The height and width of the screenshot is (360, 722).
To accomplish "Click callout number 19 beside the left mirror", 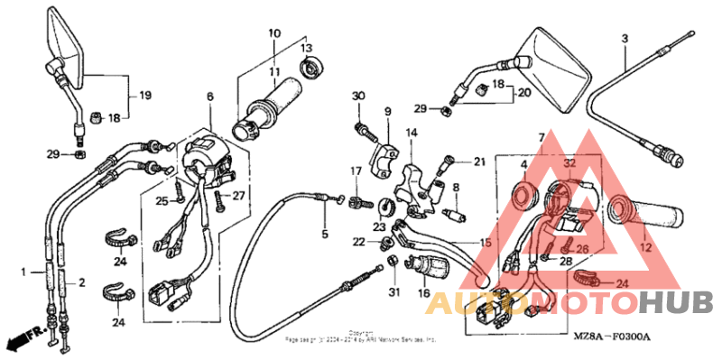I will click(x=144, y=95).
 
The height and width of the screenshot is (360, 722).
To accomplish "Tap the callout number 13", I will click(x=306, y=48).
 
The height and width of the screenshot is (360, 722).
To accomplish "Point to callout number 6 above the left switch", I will click(x=209, y=97).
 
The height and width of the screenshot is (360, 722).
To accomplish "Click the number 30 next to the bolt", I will click(x=358, y=96).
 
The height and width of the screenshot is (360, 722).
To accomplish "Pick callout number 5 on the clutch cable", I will click(x=325, y=235).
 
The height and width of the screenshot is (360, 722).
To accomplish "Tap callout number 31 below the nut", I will click(x=393, y=291).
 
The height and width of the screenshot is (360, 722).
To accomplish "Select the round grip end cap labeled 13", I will click(x=313, y=67).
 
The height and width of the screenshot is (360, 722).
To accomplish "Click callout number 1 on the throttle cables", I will click(x=25, y=272).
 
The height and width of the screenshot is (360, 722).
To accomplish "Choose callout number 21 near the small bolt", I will click(x=478, y=162).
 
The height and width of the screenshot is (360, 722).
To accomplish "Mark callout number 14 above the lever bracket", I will click(x=411, y=134).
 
